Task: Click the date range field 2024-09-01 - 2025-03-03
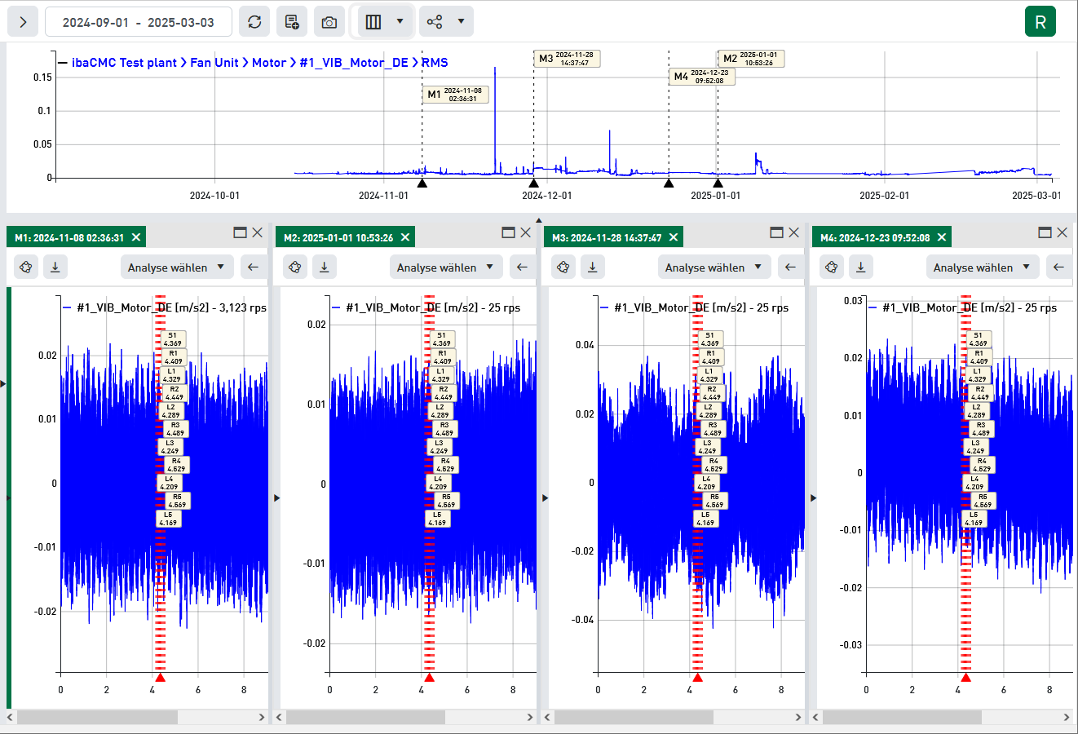click(138, 22)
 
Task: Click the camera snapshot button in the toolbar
click(329, 22)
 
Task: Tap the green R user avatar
click(1040, 22)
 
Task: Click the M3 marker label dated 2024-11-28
click(568, 59)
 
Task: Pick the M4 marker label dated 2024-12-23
click(701, 77)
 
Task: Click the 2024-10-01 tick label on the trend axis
click(214, 196)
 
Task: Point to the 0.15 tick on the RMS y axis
click(42, 77)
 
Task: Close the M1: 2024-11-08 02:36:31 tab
click(136, 237)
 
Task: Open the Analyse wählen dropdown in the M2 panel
click(445, 268)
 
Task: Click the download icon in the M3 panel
click(593, 267)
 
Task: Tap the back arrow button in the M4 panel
click(1058, 267)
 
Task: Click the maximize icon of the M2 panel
click(508, 232)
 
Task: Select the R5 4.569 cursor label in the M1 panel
click(177, 501)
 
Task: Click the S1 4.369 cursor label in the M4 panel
click(978, 339)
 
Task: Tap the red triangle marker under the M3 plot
click(697, 678)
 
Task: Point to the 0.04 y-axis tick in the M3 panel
click(585, 345)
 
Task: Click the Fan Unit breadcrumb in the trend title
click(214, 63)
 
